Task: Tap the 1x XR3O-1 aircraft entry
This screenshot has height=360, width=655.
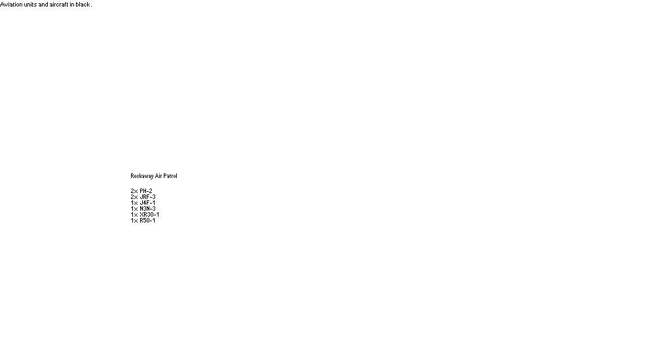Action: coord(145,214)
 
